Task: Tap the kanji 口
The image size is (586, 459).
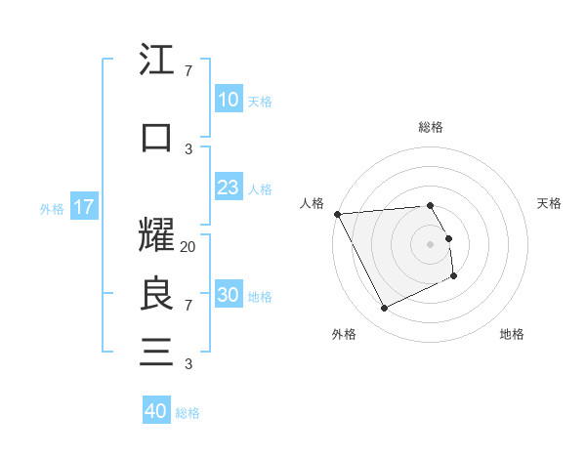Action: click(156, 137)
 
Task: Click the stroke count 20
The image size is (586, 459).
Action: click(188, 247)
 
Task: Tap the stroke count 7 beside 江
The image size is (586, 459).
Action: click(188, 71)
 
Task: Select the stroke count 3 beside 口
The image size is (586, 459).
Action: click(188, 148)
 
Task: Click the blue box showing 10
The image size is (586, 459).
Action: click(228, 100)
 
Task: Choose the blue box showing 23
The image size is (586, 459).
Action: click(228, 188)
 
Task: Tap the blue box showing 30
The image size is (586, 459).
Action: click(228, 295)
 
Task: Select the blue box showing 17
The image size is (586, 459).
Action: click(83, 207)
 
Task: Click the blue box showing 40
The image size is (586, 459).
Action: click(156, 411)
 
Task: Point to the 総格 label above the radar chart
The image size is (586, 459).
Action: click(431, 127)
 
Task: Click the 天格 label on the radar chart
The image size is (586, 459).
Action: click(550, 203)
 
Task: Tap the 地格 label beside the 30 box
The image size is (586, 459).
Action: click(260, 296)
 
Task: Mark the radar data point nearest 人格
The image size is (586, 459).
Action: click(337, 214)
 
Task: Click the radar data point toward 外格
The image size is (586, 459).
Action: click(384, 309)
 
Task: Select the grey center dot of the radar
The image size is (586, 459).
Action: click(431, 243)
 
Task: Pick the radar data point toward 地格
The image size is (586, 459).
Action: click(454, 276)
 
